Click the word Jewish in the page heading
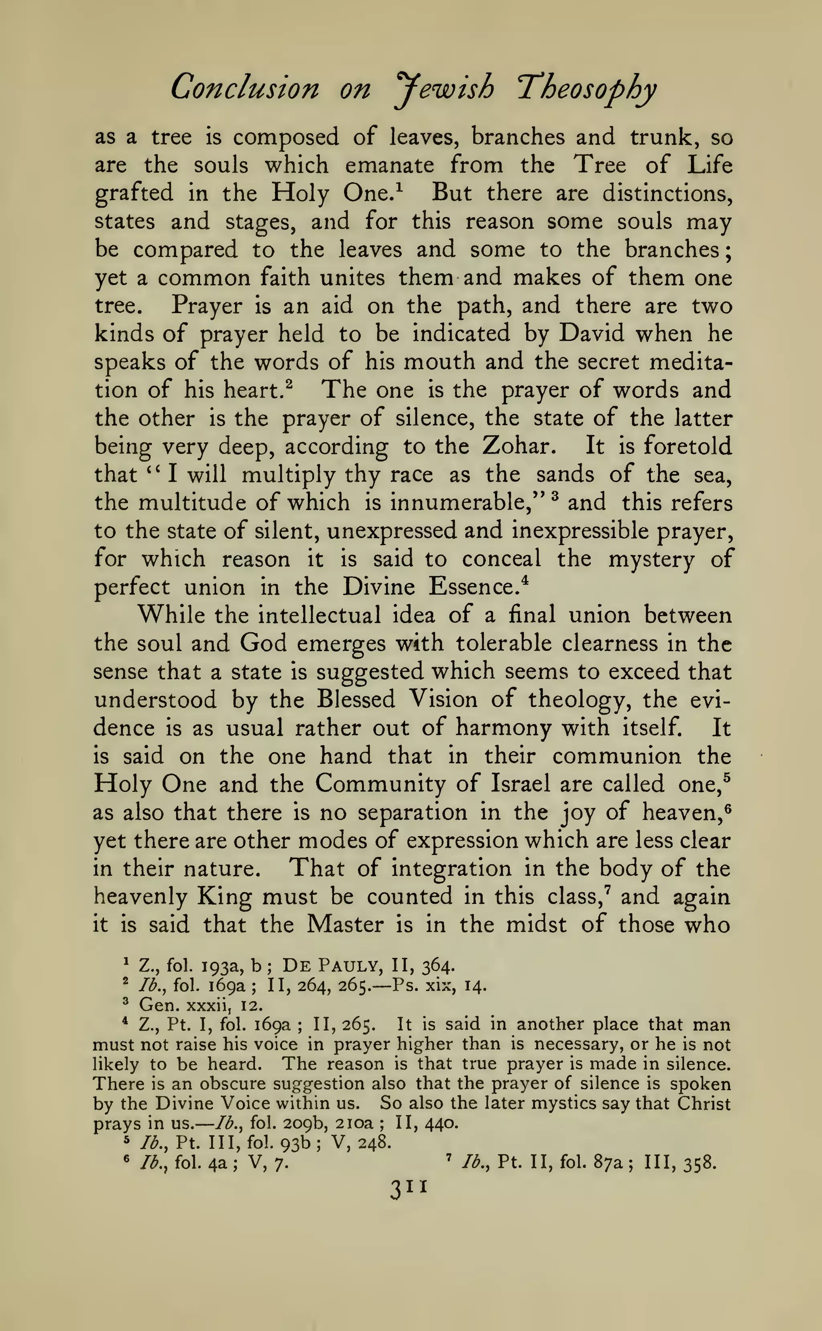[445, 89]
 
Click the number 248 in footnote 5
[374, 1142]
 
